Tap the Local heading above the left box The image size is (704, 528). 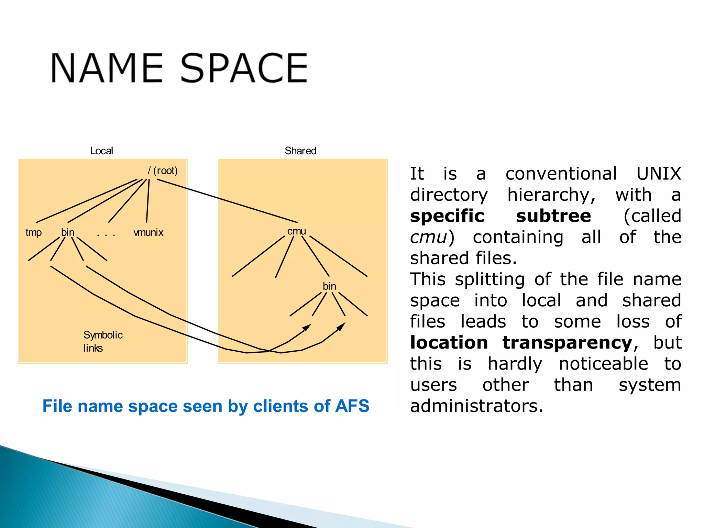coord(101,151)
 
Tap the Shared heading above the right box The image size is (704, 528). coord(300,151)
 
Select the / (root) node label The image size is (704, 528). coord(163,170)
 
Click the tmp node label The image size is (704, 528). coord(33,233)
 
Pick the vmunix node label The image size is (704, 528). coord(148,233)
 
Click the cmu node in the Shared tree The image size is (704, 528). coord(297,231)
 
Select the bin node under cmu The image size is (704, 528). coord(329,286)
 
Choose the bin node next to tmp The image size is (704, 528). coord(68,233)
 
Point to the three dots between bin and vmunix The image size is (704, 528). coord(106,235)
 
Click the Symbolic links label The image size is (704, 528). coord(102,341)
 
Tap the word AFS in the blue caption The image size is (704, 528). coord(352,406)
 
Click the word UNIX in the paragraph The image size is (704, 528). coord(658,174)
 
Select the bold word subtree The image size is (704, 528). coord(553,216)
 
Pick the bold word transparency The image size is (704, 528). coord(567,343)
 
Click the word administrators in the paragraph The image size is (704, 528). coord(476,406)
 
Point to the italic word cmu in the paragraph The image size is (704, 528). coord(428,237)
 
